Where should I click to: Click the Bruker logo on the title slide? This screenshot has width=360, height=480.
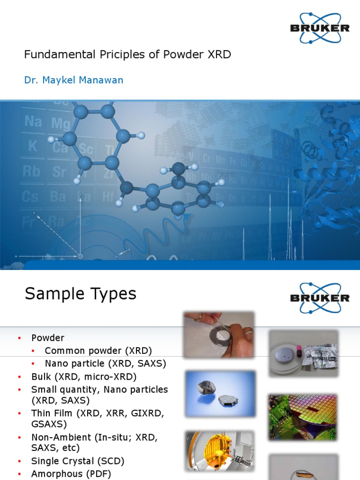click(320, 28)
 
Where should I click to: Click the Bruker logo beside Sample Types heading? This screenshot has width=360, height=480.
click(320, 298)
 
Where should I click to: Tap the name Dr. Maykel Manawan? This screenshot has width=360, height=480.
click(74, 80)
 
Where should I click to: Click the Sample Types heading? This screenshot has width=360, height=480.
click(80, 294)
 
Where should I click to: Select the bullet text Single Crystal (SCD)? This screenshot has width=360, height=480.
click(78, 461)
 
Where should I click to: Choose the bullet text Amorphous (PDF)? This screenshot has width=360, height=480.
click(71, 474)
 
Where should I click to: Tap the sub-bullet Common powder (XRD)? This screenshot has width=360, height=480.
click(98, 351)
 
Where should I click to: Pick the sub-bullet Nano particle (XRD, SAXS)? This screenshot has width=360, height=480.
click(105, 363)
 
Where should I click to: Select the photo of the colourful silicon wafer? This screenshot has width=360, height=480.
click(302, 417)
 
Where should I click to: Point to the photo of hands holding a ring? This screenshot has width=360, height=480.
click(218, 335)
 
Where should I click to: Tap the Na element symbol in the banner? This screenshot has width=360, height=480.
click(33, 122)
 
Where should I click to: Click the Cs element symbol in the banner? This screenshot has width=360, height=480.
click(30, 196)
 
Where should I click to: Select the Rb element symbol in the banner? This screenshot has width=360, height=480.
click(31, 171)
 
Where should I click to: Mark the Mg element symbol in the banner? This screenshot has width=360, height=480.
click(61, 123)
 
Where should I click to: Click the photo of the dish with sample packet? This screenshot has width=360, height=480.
click(303, 353)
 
